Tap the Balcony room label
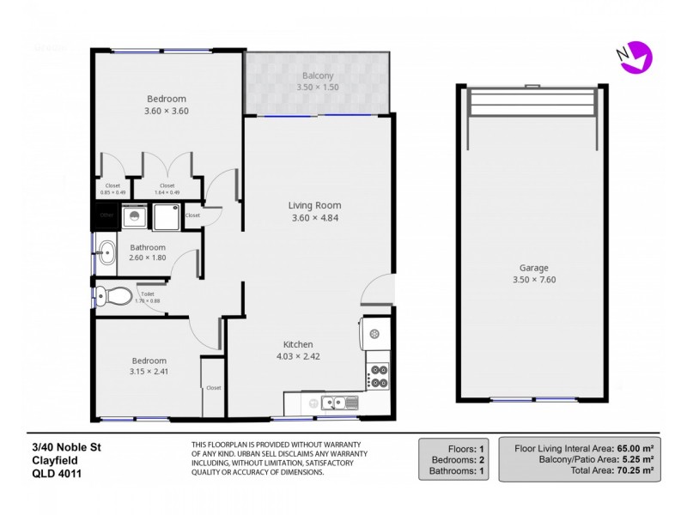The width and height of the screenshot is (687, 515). [x=318, y=76]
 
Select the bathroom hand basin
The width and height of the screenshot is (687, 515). [x=107, y=252]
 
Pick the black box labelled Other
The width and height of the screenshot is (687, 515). [x=106, y=215]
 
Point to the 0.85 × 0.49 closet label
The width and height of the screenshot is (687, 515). [x=113, y=192]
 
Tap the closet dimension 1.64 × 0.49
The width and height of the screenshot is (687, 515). [x=167, y=192]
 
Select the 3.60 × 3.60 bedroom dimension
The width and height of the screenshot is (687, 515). [x=166, y=111]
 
